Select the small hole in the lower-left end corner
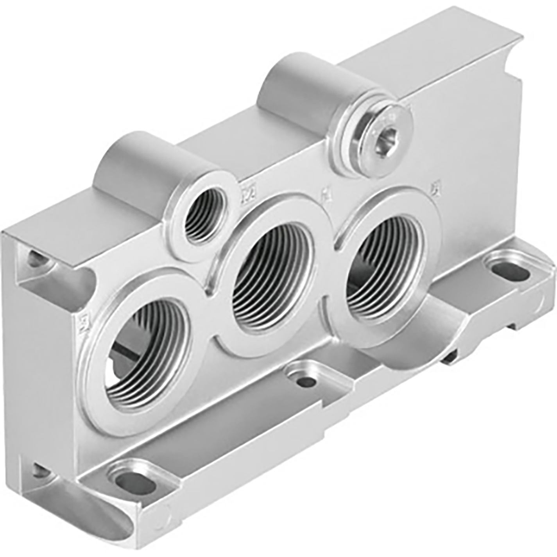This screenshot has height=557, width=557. [40, 470]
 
